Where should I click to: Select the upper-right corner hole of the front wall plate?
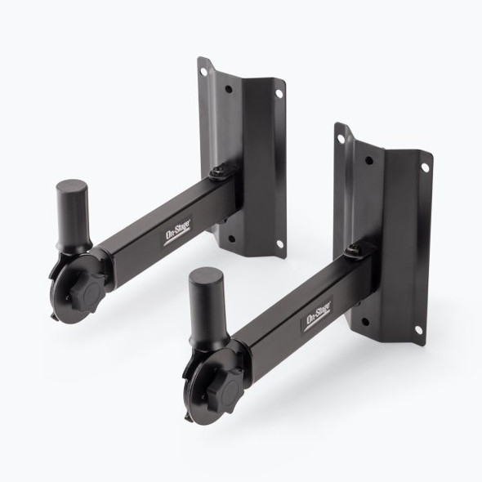coord(425,168)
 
